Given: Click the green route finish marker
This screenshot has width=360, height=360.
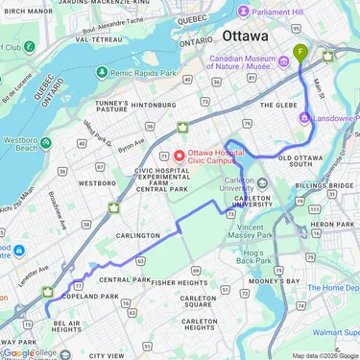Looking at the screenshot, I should coord(300,51).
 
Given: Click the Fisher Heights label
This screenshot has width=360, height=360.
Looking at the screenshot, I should coord(180,283).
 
